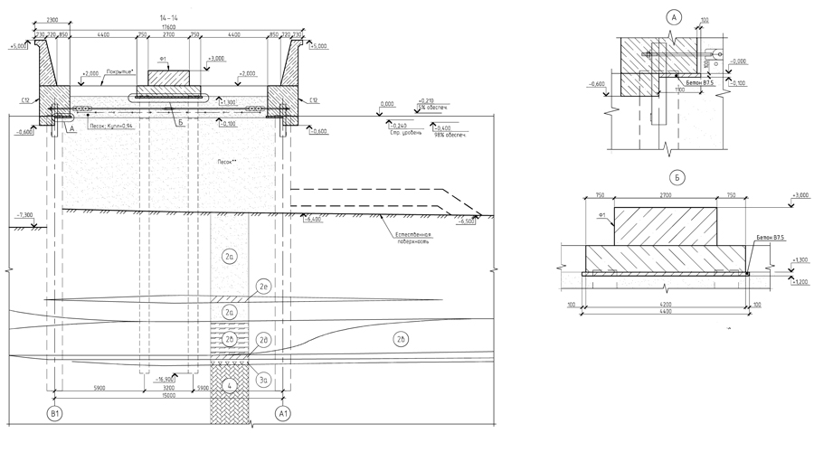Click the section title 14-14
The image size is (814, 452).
[x=168, y=17]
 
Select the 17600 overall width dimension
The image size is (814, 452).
[x=168, y=26]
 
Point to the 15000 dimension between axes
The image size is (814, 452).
[x=168, y=394]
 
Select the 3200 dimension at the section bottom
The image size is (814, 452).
[x=168, y=386]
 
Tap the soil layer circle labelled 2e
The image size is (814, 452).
[x=264, y=287]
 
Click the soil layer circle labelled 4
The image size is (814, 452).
[x=231, y=386]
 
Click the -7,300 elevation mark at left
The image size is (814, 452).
[x=24, y=216]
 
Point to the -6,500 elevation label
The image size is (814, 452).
[x=467, y=221]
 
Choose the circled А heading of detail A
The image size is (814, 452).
[x=672, y=16]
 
